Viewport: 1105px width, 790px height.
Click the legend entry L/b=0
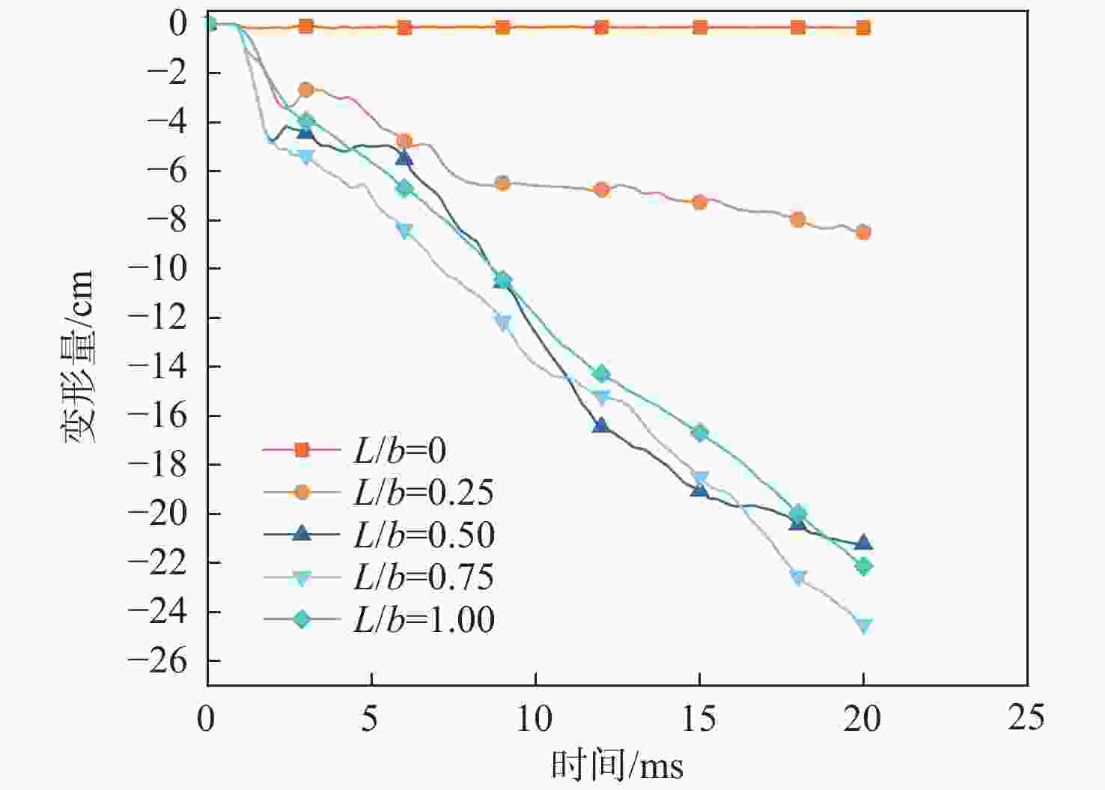pyautogui.click(x=378, y=450)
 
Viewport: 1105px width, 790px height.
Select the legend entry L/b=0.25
pyautogui.click(x=378, y=492)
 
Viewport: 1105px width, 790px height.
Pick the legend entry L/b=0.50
pyautogui.click(x=378, y=535)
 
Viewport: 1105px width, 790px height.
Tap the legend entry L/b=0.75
pyautogui.click(x=378, y=577)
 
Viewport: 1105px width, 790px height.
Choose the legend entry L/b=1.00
pyautogui.click(x=378, y=619)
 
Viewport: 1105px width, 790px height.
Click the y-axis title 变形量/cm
pyautogui.click(x=79, y=356)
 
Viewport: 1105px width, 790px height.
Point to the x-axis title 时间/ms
pyautogui.click(x=618, y=765)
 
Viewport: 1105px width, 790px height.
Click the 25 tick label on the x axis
pyautogui.click(x=1026, y=718)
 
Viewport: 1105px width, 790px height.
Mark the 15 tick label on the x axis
pyautogui.click(x=698, y=718)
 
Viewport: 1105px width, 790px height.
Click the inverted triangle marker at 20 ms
pyautogui.click(x=863, y=626)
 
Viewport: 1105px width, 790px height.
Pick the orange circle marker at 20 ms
pyautogui.click(x=863, y=232)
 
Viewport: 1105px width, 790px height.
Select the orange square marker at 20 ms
pyautogui.click(x=863, y=28)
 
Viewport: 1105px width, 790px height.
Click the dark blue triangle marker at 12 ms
pyautogui.click(x=600, y=425)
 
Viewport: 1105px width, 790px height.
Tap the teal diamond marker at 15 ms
pyautogui.click(x=699, y=433)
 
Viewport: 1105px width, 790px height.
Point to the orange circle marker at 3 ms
pyautogui.click(x=305, y=90)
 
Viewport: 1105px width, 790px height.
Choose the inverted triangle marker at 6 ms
pyautogui.click(x=404, y=231)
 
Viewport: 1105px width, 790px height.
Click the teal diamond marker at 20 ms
pyautogui.click(x=863, y=566)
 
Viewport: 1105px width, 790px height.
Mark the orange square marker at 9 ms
pyautogui.click(x=502, y=28)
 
